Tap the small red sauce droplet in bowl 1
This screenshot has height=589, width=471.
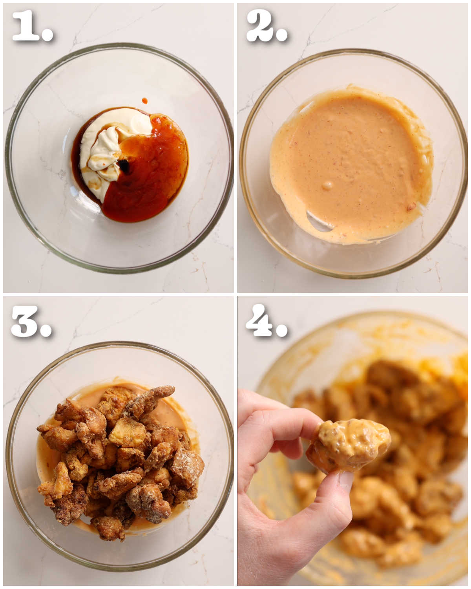[x=145, y=101]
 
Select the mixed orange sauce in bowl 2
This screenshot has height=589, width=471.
[x=349, y=157]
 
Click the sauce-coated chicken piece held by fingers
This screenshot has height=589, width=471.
[x=349, y=446]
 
